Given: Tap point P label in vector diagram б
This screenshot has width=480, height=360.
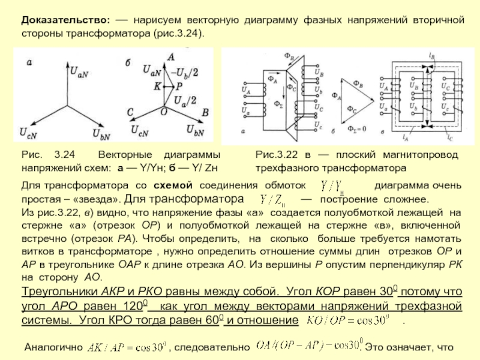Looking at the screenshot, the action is pyautogui.click(x=179, y=87).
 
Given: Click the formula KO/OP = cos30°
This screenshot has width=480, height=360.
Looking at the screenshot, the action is pyautogui.click(x=350, y=320).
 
